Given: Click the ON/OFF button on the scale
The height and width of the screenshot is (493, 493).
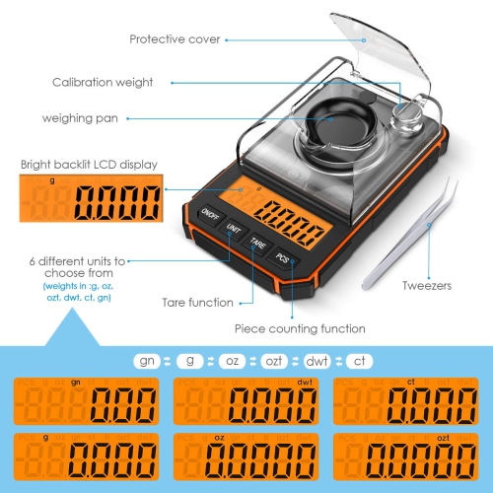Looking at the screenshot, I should [x=209, y=214].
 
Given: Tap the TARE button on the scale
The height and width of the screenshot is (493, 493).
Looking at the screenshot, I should [x=257, y=243].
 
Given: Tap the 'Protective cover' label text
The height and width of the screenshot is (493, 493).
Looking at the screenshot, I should [x=175, y=39].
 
